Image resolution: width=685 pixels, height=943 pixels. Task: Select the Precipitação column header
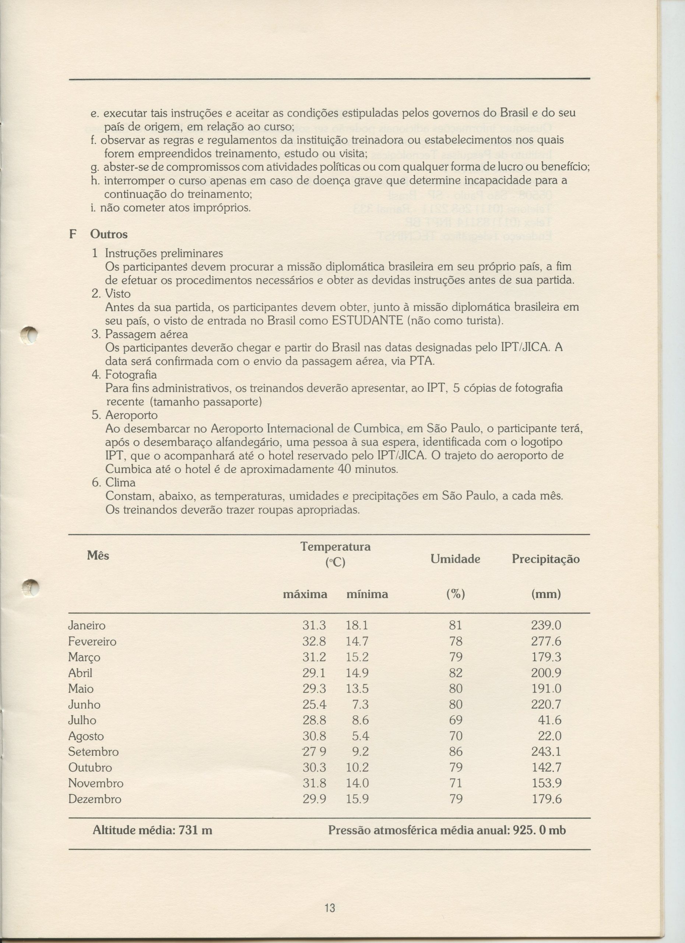point(545,559)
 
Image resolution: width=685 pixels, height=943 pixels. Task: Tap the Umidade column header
point(455,559)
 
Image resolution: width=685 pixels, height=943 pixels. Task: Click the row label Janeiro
point(87,625)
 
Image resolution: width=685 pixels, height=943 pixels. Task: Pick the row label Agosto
point(86,736)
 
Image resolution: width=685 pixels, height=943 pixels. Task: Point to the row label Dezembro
point(94,799)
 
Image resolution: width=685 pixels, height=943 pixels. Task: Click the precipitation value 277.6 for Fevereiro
point(546,641)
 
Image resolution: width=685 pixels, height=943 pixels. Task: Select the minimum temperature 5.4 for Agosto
point(360,736)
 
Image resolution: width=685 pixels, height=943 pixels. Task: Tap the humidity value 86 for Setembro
point(456,752)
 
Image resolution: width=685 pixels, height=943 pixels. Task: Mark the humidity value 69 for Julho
point(456,720)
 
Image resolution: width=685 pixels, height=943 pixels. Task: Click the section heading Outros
point(109,234)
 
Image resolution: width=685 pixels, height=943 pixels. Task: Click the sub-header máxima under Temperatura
point(305,594)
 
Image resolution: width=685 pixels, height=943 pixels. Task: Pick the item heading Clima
point(120,482)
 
